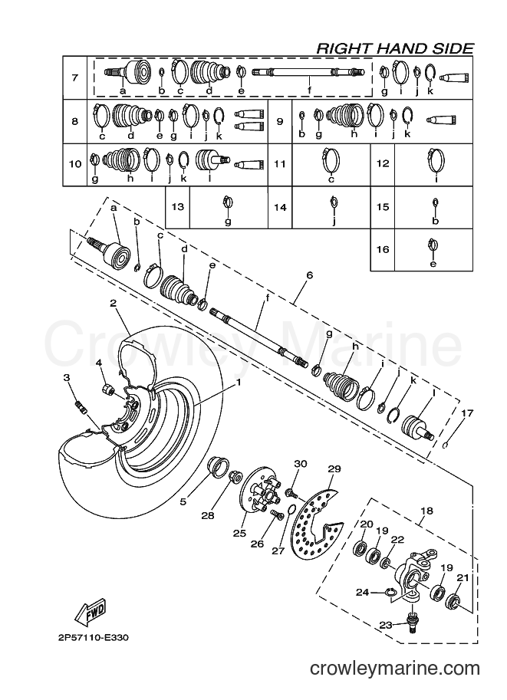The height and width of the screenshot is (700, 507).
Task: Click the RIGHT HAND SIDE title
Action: [x=395, y=48]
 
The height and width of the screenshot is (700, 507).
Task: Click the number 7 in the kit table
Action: [x=74, y=77]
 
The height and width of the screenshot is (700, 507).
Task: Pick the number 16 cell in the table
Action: [x=383, y=249]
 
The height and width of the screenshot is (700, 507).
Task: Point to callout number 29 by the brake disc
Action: [x=334, y=468]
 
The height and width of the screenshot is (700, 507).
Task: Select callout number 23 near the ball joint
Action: [x=386, y=625]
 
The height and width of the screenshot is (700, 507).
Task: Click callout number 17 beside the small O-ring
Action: [x=467, y=413]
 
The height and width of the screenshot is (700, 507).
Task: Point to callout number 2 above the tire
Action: [x=113, y=303]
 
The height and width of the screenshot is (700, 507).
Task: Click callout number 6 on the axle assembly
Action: [x=310, y=275]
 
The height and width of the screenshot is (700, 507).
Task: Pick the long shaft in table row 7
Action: [x=309, y=71]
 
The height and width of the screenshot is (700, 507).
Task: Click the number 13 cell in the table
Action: [x=178, y=207]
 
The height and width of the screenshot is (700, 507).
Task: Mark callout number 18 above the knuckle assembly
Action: [x=427, y=511]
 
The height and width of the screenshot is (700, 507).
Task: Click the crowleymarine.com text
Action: [x=395, y=669]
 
